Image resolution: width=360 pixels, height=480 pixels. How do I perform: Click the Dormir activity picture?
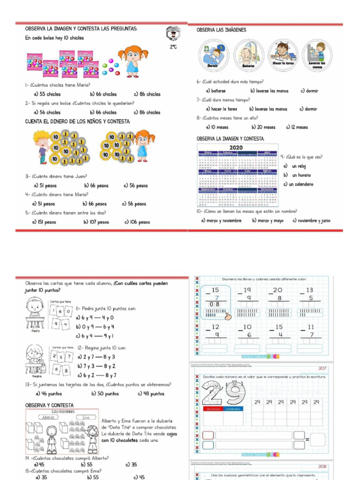click(214, 55)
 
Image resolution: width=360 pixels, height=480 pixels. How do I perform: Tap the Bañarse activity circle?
click(249, 55)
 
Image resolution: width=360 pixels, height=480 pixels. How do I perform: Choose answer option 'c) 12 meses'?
click(297, 127)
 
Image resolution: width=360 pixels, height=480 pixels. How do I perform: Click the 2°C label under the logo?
click(173, 47)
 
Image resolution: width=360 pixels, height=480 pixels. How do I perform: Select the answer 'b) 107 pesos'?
click(96, 222)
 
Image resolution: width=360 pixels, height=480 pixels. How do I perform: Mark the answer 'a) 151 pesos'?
click(44, 222)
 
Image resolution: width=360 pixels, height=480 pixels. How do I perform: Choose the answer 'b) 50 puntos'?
click(105, 394)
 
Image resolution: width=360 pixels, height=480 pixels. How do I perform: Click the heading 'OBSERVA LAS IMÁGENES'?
click(221, 30)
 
